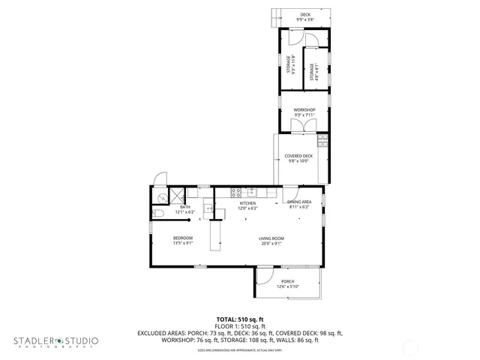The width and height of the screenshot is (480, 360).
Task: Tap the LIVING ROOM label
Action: [271, 238]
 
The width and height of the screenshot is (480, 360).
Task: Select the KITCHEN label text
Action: [247, 203]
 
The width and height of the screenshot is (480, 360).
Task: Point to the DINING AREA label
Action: [299, 202]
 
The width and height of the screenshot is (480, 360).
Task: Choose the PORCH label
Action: [288, 282]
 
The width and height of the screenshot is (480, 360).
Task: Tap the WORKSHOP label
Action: [304, 110]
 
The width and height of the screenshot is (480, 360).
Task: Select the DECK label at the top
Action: [305, 15]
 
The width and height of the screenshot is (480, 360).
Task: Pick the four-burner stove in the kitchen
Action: [235, 191]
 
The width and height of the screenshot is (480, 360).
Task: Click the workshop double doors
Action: [303, 126]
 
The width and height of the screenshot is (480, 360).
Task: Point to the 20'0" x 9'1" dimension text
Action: [271, 243]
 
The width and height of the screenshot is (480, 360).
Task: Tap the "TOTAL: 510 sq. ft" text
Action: [239, 319]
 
